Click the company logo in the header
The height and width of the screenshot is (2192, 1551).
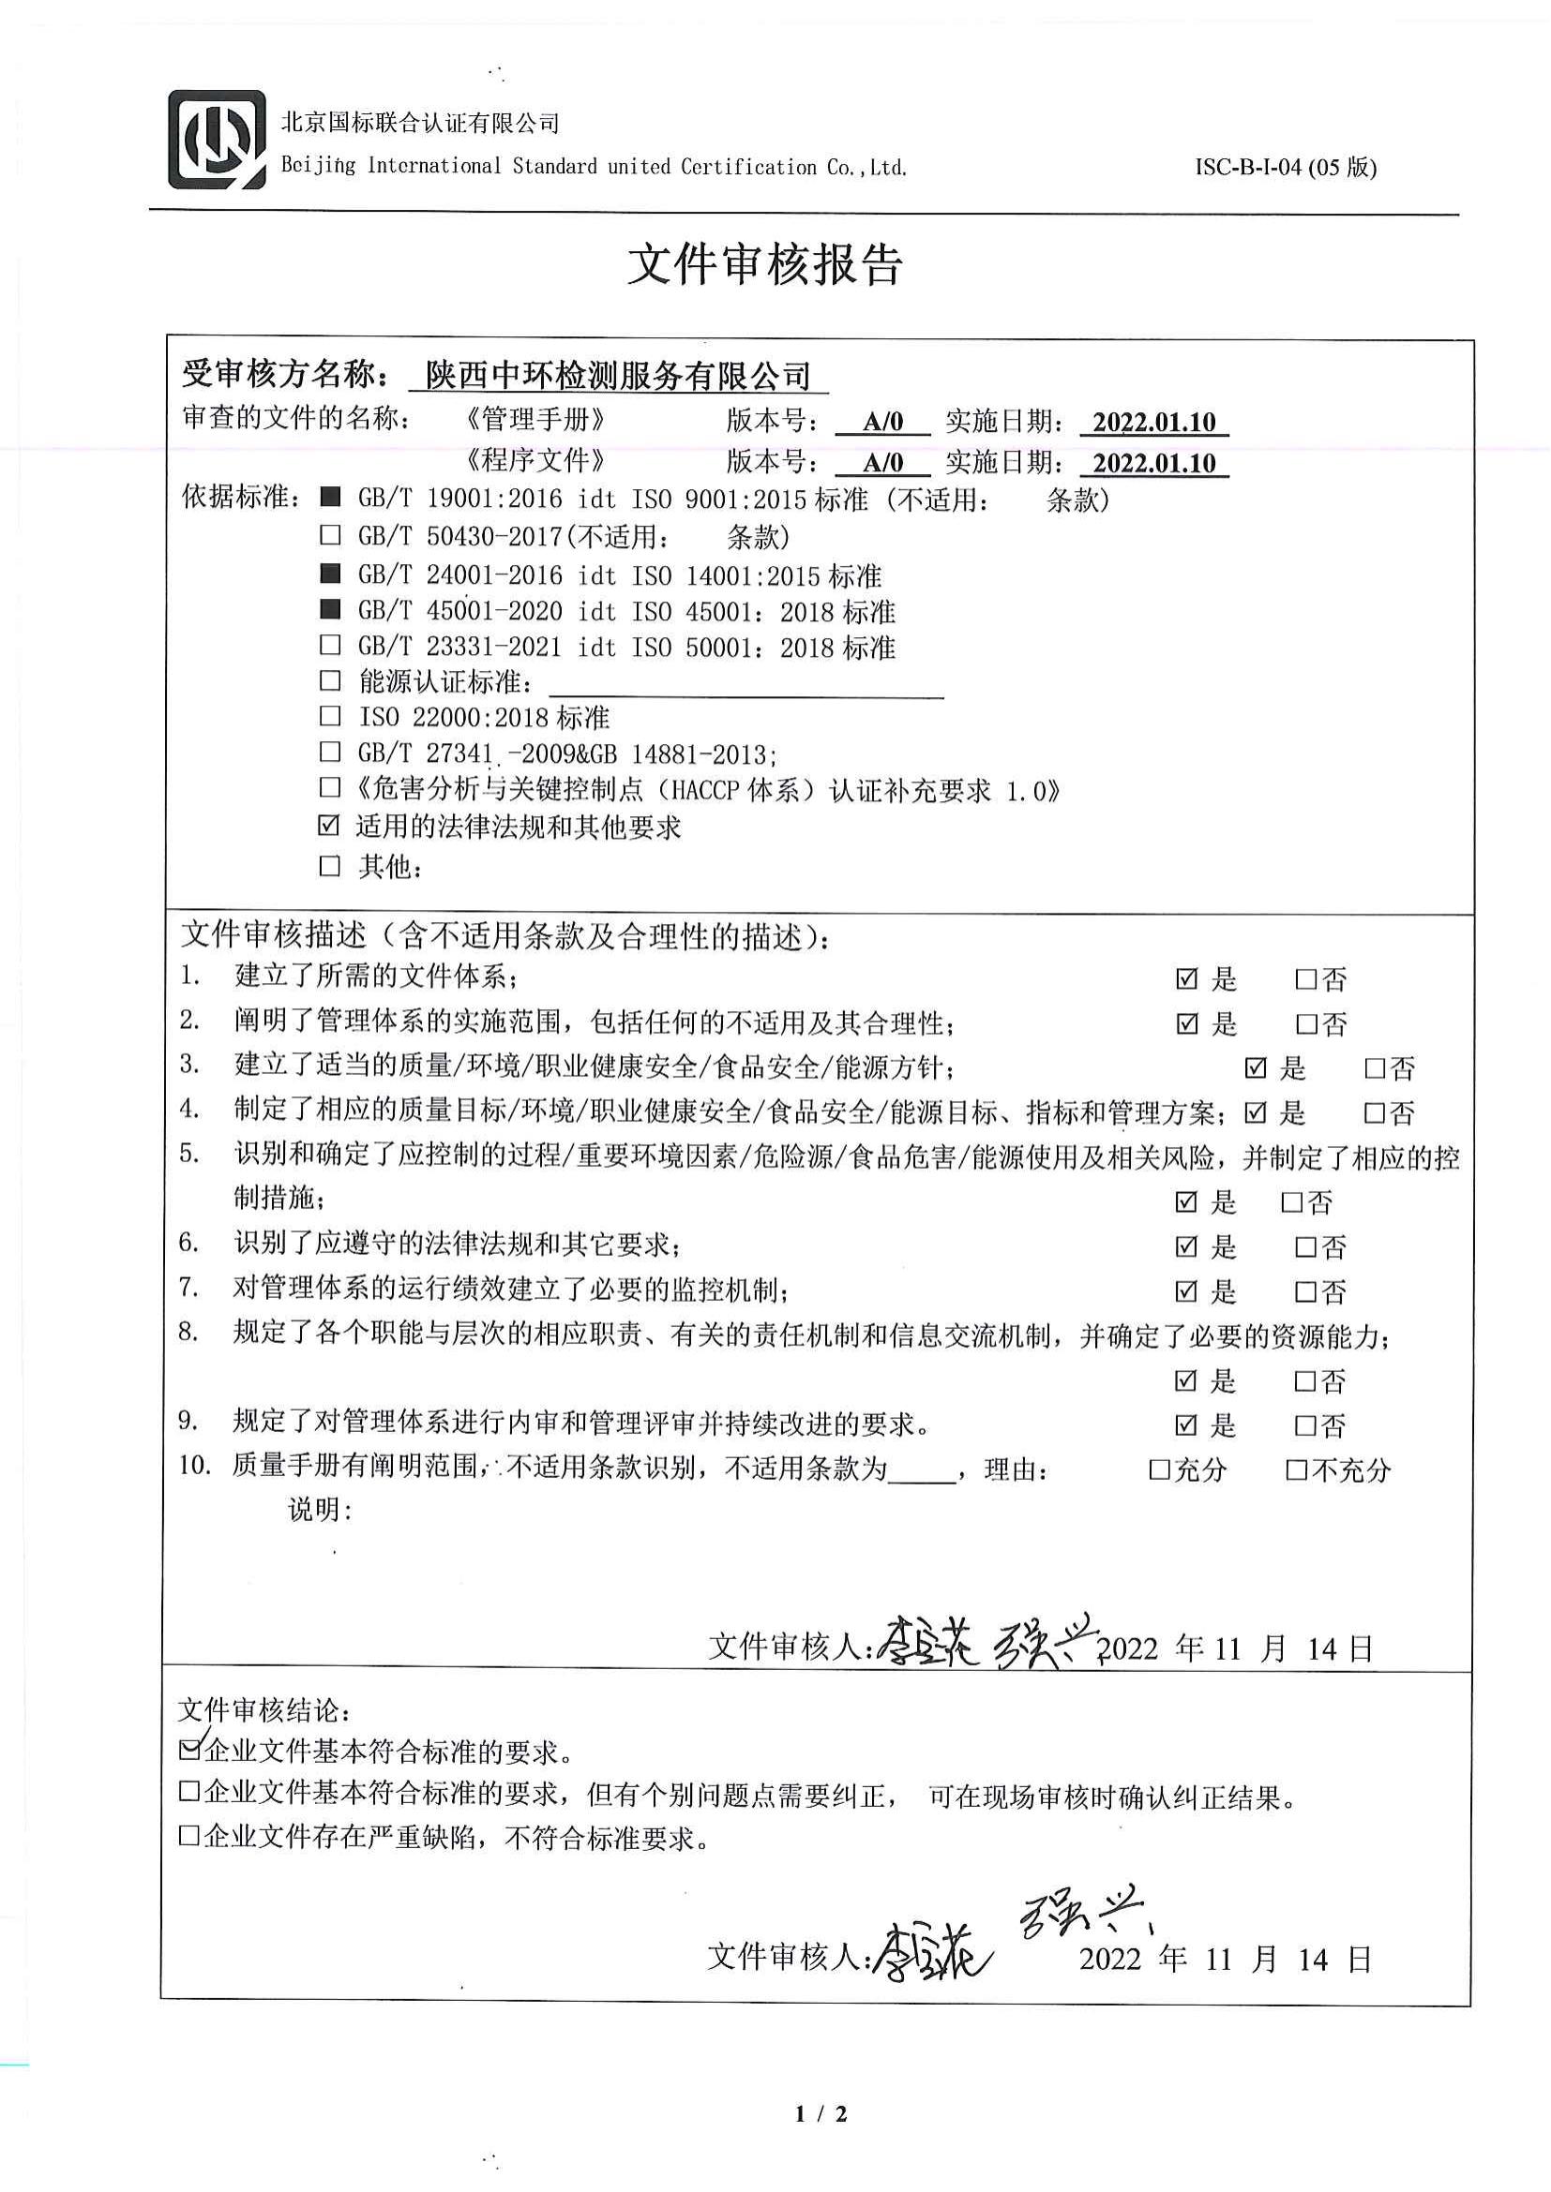pyautogui.click(x=217, y=140)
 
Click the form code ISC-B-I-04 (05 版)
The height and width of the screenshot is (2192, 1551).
pyautogui.click(x=1286, y=167)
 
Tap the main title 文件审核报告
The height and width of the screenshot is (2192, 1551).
pyautogui.click(x=765, y=264)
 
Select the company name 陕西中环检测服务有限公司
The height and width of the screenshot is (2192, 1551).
pyautogui.click(x=618, y=375)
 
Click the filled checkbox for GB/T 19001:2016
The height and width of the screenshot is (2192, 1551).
pyautogui.click(x=330, y=498)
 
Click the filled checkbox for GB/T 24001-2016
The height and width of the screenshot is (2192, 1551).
pyautogui.click(x=330, y=573)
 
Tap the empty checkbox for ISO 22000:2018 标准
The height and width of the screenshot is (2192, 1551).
pyautogui.click(x=330, y=715)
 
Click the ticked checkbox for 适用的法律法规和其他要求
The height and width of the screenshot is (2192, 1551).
pyautogui.click(x=328, y=825)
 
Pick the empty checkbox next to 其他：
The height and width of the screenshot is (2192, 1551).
pyautogui.click(x=329, y=865)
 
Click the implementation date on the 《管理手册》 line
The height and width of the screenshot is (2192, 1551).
pyautogui.click(x=1153, y=422)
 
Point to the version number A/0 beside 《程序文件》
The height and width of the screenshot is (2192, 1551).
pyautogui.click(x=882, y=463)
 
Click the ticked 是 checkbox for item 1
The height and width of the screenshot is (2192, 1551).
pyautogui.click(x=1186, y=978)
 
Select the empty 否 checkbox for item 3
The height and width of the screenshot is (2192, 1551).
pyautogui.click(x=1375, y=1067)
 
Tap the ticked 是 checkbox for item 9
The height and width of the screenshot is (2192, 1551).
pyautogui.click(x=1185, y=1425)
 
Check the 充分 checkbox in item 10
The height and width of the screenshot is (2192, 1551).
pyautogui.click(x=1159, y=1469)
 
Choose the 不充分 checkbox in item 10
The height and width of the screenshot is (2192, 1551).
pyautogui.click(x=1296, y=1469)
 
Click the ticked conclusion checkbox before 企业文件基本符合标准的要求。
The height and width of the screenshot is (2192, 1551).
pyautogui.click(x=190, y=1749)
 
